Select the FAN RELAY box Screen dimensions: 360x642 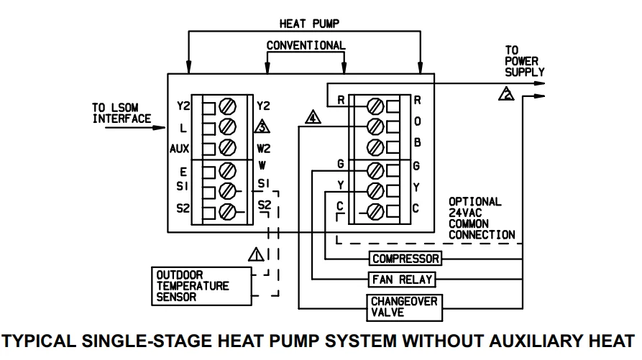point(402,278)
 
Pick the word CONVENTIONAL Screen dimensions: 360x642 point(306,45)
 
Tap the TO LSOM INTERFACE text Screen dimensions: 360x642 point(121,113)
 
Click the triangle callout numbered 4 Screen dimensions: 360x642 point(312,118)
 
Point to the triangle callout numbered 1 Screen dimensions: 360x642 point(256,253)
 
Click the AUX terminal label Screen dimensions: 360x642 point(179,149)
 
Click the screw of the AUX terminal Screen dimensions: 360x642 point(226,149)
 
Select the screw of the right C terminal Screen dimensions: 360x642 point(374,212)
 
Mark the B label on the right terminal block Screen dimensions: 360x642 point(417,144)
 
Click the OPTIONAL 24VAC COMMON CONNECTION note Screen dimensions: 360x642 point(481,218)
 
